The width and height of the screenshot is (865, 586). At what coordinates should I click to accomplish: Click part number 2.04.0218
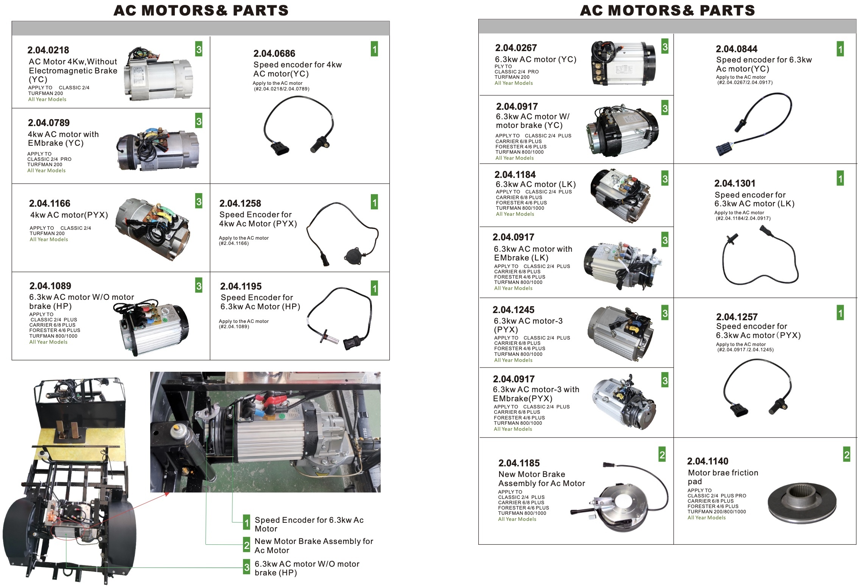48,50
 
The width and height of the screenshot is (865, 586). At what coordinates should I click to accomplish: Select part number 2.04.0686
274,54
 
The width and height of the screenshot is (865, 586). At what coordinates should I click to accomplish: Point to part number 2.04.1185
519,463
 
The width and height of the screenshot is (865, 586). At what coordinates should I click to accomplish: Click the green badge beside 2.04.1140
846,455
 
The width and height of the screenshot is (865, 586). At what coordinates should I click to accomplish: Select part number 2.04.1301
734,184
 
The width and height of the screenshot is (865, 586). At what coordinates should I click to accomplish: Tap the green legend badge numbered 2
246,545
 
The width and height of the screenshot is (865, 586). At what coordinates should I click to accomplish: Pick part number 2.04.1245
513,310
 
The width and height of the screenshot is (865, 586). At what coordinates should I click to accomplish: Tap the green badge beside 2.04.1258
374,203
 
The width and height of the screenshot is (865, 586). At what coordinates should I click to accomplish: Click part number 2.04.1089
50,286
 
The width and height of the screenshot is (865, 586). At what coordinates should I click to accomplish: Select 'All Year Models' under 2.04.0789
46,171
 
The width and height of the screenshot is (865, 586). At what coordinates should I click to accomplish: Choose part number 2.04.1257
736,317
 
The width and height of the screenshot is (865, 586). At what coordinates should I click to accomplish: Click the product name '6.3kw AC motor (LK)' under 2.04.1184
535,184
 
